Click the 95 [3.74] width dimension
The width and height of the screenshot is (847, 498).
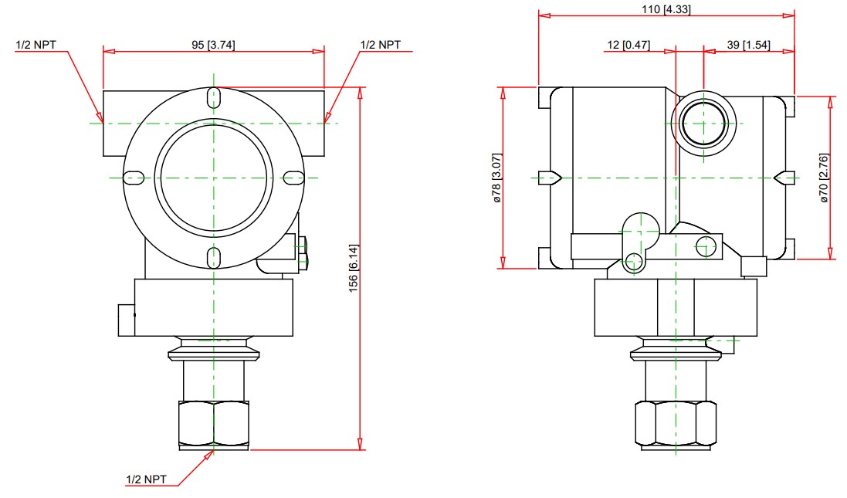point(213,45)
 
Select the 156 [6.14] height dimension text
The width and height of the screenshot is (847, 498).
point(354,268)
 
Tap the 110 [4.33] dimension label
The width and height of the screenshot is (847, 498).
point(666,9)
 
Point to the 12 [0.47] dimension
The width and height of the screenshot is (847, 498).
point(628,44)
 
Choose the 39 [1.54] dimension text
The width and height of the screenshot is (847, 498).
point(748,44)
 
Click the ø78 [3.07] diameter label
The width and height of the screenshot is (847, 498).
point(497,178)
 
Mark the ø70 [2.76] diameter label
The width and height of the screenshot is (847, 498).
point(824,178)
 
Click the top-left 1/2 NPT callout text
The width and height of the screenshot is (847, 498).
point(36,45)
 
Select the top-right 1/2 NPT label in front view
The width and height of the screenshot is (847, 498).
point(381,45)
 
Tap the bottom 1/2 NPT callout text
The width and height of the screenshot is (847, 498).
point(147,479)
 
